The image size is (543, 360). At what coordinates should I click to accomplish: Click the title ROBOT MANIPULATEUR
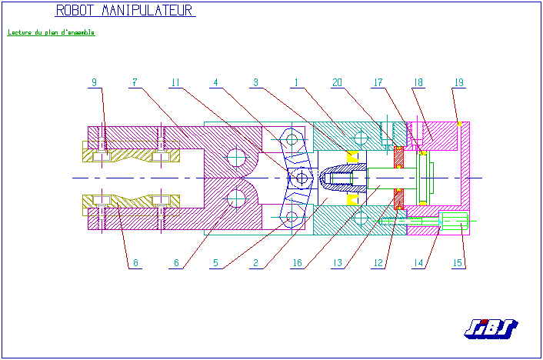(x=125, y=11)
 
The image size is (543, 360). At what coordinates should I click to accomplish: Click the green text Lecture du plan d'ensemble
(x=51, y=33)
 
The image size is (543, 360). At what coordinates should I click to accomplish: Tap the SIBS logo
(x=490, y=328)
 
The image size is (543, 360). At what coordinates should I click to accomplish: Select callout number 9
(x=95, y=82)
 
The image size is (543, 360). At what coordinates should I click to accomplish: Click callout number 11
(x=175, y=82)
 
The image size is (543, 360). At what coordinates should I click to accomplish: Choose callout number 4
(x=216, y=82)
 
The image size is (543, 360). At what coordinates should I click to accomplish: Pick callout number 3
(x=255, y=82)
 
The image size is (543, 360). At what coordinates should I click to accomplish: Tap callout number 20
(x=336, y=82)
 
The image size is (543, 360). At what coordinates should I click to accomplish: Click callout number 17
(x=378, y=82)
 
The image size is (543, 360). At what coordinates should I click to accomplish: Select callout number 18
(x=418, y=82)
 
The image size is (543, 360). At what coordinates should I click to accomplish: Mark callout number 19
(x=458, y=82)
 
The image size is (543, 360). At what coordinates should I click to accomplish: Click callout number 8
(x=135, y=263)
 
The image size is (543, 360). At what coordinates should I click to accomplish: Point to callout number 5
(x=215, y=263)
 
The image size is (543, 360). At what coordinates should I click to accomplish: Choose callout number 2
(x=256, y=263)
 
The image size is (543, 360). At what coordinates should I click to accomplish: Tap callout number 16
(x=297, y=263)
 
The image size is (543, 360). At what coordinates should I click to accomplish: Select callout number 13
(x=337, y=263)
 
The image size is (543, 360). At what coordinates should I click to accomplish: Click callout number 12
(x=378, y=263)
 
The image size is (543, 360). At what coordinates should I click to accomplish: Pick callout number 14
(x=418, y=263)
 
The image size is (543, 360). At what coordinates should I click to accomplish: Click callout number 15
(x=458, y=263)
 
